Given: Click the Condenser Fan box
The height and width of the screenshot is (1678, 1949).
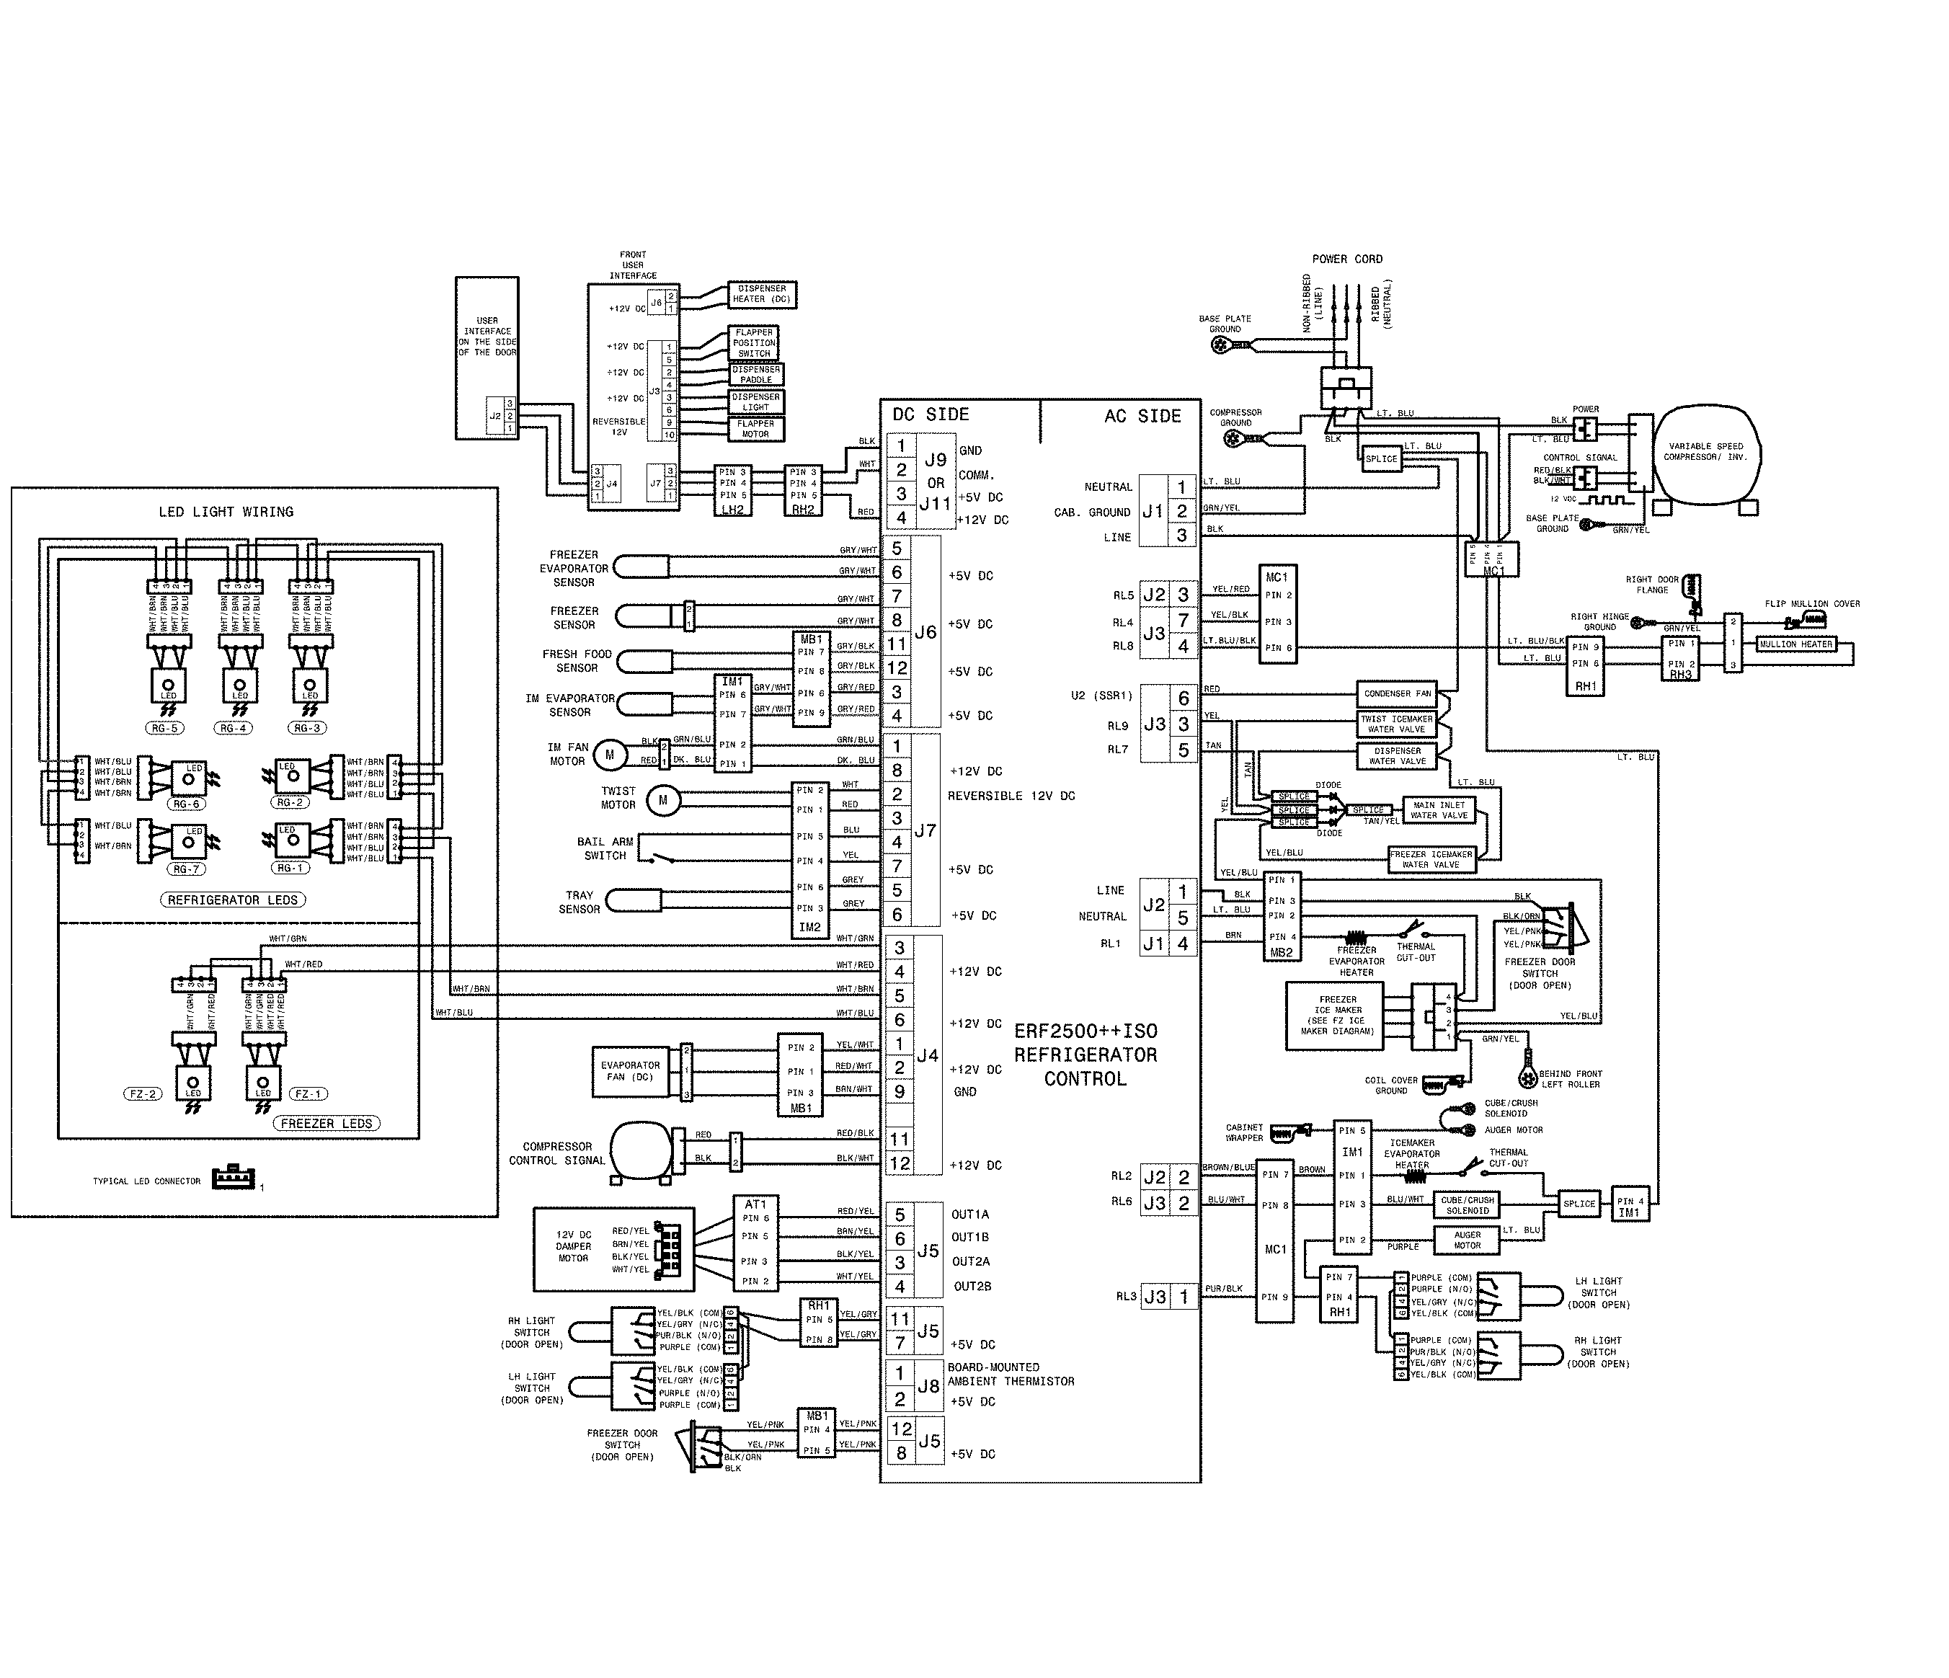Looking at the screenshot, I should click(x=1397, y=693).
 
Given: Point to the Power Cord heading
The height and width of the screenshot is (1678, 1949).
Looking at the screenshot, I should click(x=1347, y=259).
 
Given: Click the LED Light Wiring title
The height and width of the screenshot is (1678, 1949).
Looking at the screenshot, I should click(x=226, y=512).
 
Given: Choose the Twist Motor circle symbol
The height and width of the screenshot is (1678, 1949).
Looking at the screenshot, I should click(x=663, y=799).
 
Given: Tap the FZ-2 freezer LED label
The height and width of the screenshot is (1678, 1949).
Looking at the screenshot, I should click(x=142, y=1094).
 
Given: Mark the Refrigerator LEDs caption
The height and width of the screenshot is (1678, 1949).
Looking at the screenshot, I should click(x=232, y=900).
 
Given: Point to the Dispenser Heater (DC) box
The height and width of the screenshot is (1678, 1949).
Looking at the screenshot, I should click(x=762, y=294).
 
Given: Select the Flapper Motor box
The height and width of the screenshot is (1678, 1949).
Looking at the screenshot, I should click(x=755, y=429).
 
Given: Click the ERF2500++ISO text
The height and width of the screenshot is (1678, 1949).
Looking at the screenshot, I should click(x=1086, y=1031).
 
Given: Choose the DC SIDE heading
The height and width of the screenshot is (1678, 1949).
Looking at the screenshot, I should click(x=931, y=414).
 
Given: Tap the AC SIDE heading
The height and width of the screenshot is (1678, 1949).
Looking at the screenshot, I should click(x=1142, y=416).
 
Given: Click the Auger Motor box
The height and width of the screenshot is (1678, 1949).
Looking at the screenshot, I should click(x=1467, y=1240).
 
